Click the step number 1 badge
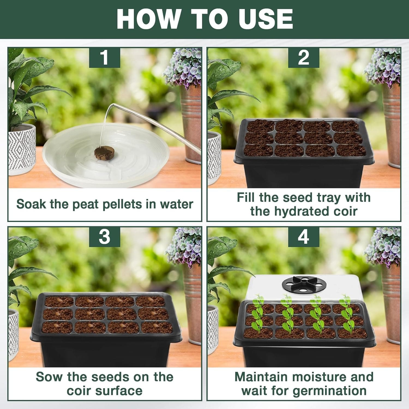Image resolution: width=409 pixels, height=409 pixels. pyautogui.click(x=104, y=58)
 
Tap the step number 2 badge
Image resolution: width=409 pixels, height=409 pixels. pyautogui.click(x=303, y=58)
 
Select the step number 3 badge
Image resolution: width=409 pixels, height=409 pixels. pyautogui.click(x=104, y=237)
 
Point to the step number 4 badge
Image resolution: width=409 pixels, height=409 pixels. pyautogui.click(x=303, y=237)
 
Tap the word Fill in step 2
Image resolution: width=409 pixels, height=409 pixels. pyautogui.click(x=246, y=197)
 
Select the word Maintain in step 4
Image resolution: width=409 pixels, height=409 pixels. pyautogui.click(x=261, y=377)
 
